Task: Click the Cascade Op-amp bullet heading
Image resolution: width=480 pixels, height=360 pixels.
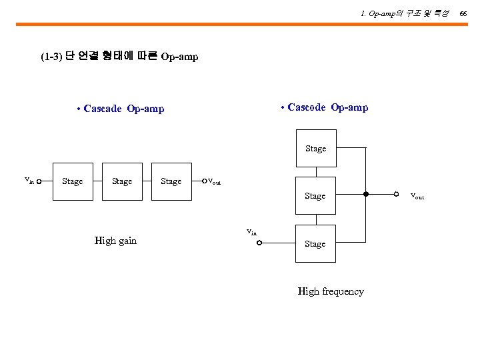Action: (121, 109)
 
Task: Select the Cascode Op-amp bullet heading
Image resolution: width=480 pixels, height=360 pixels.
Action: (325, 107)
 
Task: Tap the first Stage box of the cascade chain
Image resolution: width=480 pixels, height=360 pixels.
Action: (73, 181)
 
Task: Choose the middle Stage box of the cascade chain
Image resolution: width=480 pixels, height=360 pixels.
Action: (122, 181)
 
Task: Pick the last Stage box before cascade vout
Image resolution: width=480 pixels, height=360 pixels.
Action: (171, 181)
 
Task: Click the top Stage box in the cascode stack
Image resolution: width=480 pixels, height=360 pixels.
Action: (316, 149)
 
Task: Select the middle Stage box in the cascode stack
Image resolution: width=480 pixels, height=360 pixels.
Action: (315, 196)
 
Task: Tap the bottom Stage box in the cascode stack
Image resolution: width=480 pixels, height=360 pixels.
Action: (315, 244)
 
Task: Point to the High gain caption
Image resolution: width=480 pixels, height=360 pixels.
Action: (115, 241)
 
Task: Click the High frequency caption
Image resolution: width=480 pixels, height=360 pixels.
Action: (331, 291)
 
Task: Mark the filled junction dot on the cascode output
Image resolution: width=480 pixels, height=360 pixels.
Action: (366, 195)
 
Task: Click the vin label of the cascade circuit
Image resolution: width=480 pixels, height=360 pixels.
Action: (29, 179)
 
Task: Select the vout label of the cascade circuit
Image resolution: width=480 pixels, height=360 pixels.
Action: (215, 181)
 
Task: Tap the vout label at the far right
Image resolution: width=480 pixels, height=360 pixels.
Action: (417, 195)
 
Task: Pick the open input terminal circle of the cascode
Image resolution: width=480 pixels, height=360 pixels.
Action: (260, 243)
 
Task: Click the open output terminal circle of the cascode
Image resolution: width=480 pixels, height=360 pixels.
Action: (396, 195)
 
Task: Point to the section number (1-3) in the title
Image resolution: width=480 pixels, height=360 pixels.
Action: (51, 57)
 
